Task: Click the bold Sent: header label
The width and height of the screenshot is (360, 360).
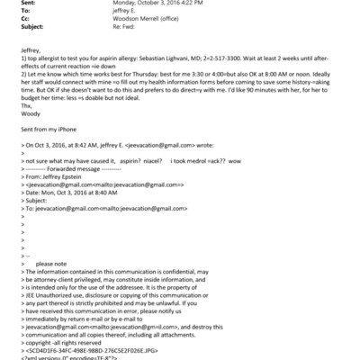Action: (x=12, y=4)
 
